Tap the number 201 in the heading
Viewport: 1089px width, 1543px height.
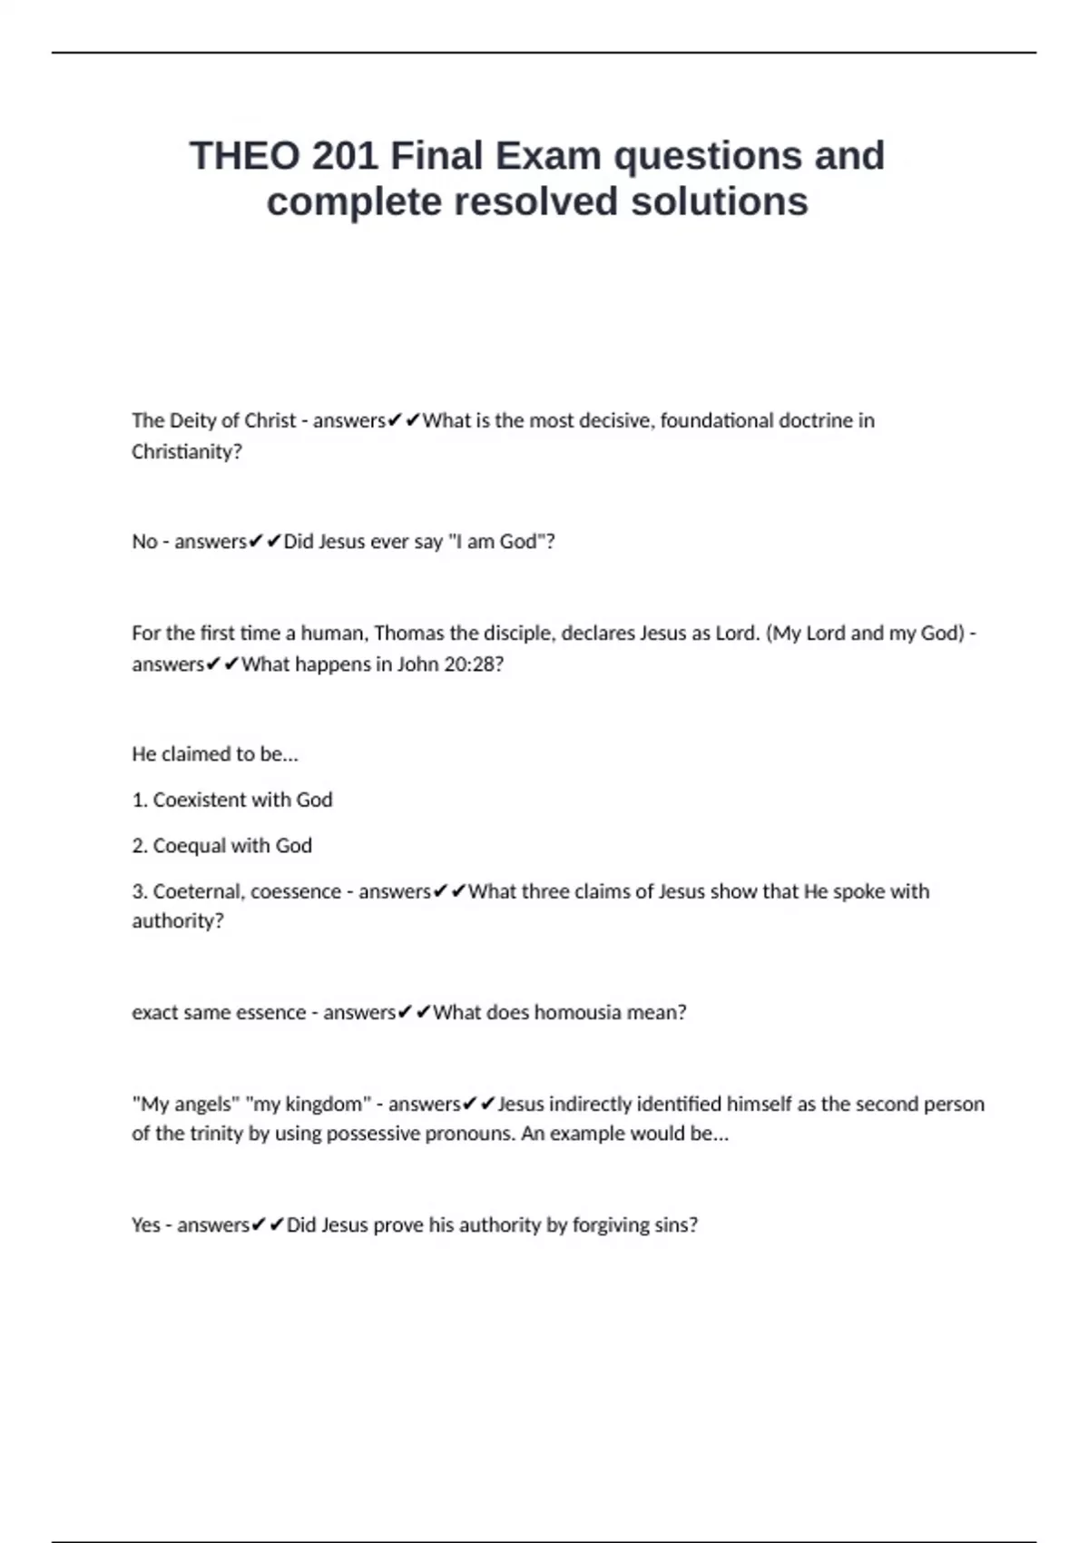click(345, 155)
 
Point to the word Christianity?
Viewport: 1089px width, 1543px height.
click(187, 451)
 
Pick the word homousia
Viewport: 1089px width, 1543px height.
click(577, 1012)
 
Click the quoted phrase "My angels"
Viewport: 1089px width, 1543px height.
click(184, 1104)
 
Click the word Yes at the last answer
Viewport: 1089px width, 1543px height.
click(146, 1224)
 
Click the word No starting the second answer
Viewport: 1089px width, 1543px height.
click(144, 541)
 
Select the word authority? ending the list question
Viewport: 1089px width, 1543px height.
click(178, 920)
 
